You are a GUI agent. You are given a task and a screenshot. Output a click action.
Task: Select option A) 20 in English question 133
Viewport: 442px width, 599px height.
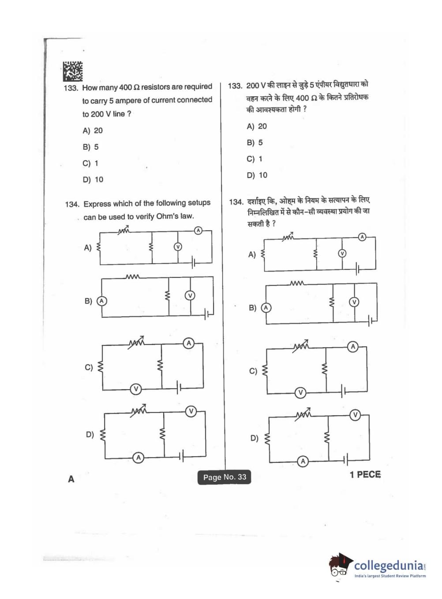coord(93,131)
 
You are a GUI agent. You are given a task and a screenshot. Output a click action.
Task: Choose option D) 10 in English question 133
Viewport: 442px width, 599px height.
coord(93,180)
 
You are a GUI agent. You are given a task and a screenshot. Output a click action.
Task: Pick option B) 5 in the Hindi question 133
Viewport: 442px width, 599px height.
coord(255,143)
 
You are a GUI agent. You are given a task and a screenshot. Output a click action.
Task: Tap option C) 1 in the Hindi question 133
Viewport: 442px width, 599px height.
coord(255,159)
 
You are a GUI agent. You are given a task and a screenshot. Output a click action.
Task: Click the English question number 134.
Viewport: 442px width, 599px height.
coord(72,204)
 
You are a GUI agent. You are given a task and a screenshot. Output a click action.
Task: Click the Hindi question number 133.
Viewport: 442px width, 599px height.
coord(235,86)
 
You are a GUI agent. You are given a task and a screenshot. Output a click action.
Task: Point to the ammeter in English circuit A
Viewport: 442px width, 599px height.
coord(198,230)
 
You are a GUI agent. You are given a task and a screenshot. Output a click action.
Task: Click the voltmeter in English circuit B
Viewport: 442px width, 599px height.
coord(190,295)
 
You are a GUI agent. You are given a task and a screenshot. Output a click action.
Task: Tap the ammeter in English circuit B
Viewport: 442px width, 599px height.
coord(101,301)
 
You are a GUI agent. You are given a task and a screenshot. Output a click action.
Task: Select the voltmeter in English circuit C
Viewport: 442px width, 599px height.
coord(136,389)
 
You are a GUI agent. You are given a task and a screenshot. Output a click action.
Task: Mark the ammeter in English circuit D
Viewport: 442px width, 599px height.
coord(139,458)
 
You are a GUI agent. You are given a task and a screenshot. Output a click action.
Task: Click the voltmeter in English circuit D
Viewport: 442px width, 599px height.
coord(191,411)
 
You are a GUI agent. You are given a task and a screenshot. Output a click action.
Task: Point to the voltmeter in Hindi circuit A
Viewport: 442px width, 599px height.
coord(342,253)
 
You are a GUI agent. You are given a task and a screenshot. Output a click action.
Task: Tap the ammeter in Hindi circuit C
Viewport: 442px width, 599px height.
coord(353,347)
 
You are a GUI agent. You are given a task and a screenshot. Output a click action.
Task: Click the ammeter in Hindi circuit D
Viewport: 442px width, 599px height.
coord(303,461)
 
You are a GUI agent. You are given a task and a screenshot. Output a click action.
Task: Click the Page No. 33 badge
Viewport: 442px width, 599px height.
coord(225,477)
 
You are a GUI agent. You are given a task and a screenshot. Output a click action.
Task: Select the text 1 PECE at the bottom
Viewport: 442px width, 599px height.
coord(365,475)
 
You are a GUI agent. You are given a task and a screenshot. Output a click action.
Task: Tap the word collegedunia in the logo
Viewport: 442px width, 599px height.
coord(389,565)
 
